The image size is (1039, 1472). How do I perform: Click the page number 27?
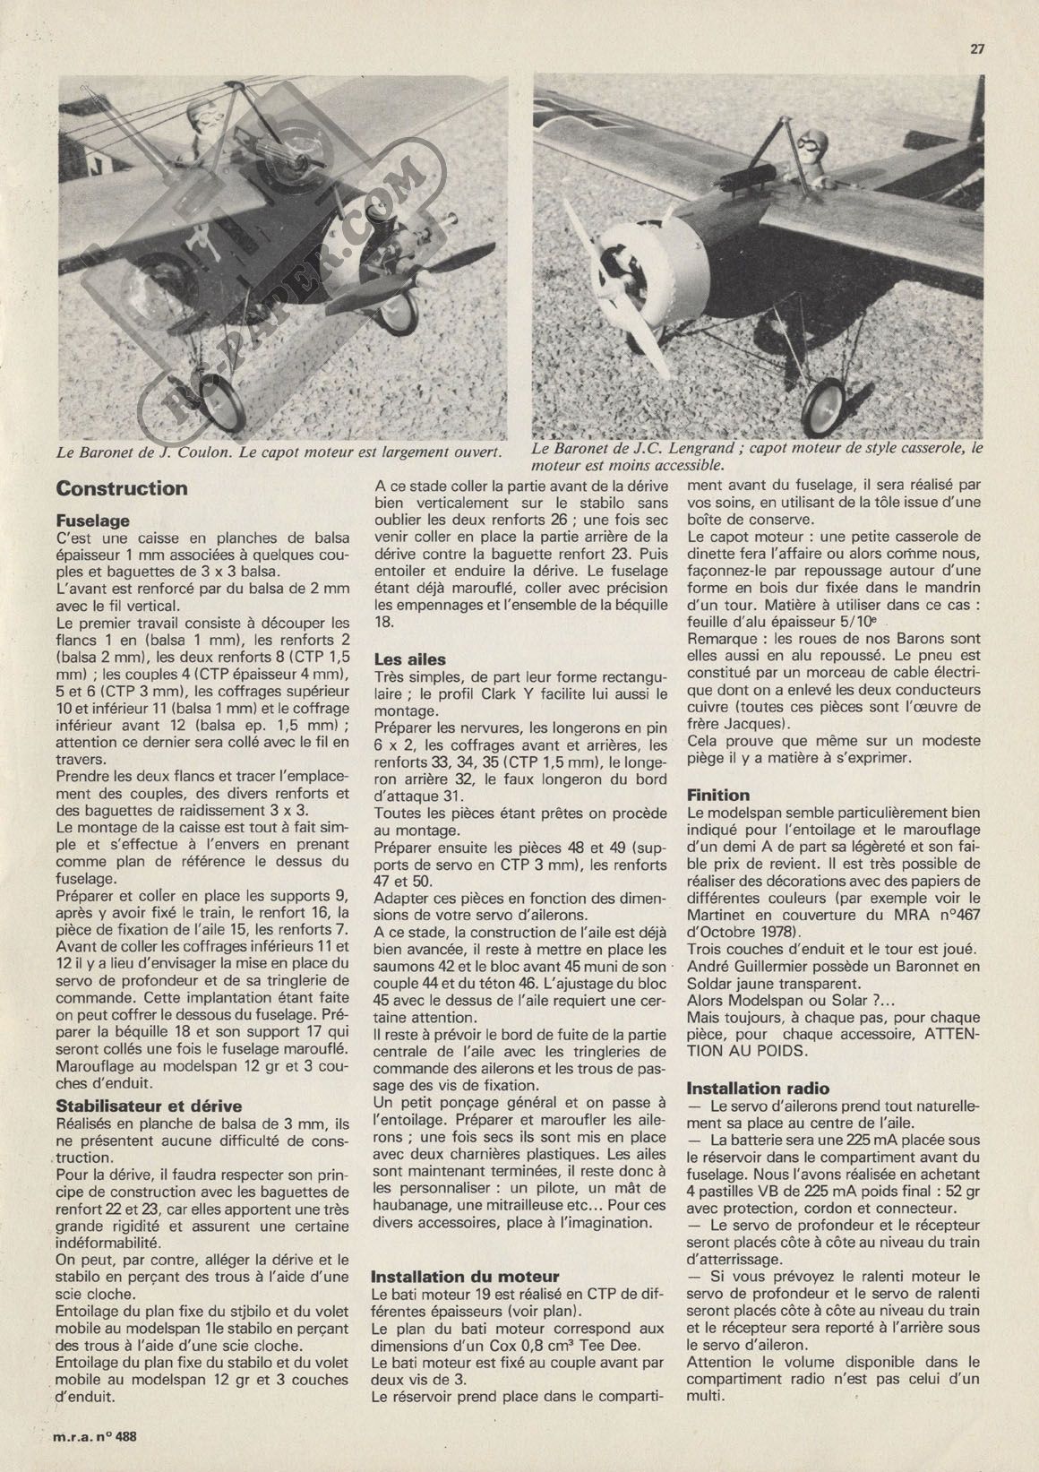click(x=977, y=50)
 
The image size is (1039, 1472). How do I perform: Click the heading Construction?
click(x=122, y=488)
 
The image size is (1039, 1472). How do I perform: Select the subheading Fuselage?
click(x=93, y=520)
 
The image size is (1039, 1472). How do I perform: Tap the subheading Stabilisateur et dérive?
click(x=149, y=1106)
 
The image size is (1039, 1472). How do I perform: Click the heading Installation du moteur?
click(x=465, y=1276)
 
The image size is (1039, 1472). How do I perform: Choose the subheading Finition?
click(x=718, y=795)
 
